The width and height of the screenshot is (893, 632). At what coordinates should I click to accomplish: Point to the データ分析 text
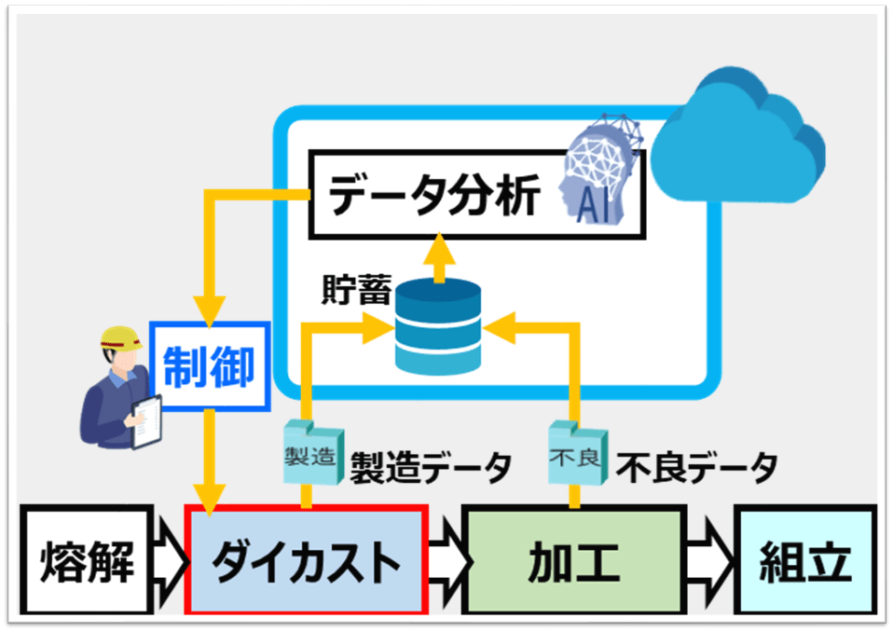coord(435,198)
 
